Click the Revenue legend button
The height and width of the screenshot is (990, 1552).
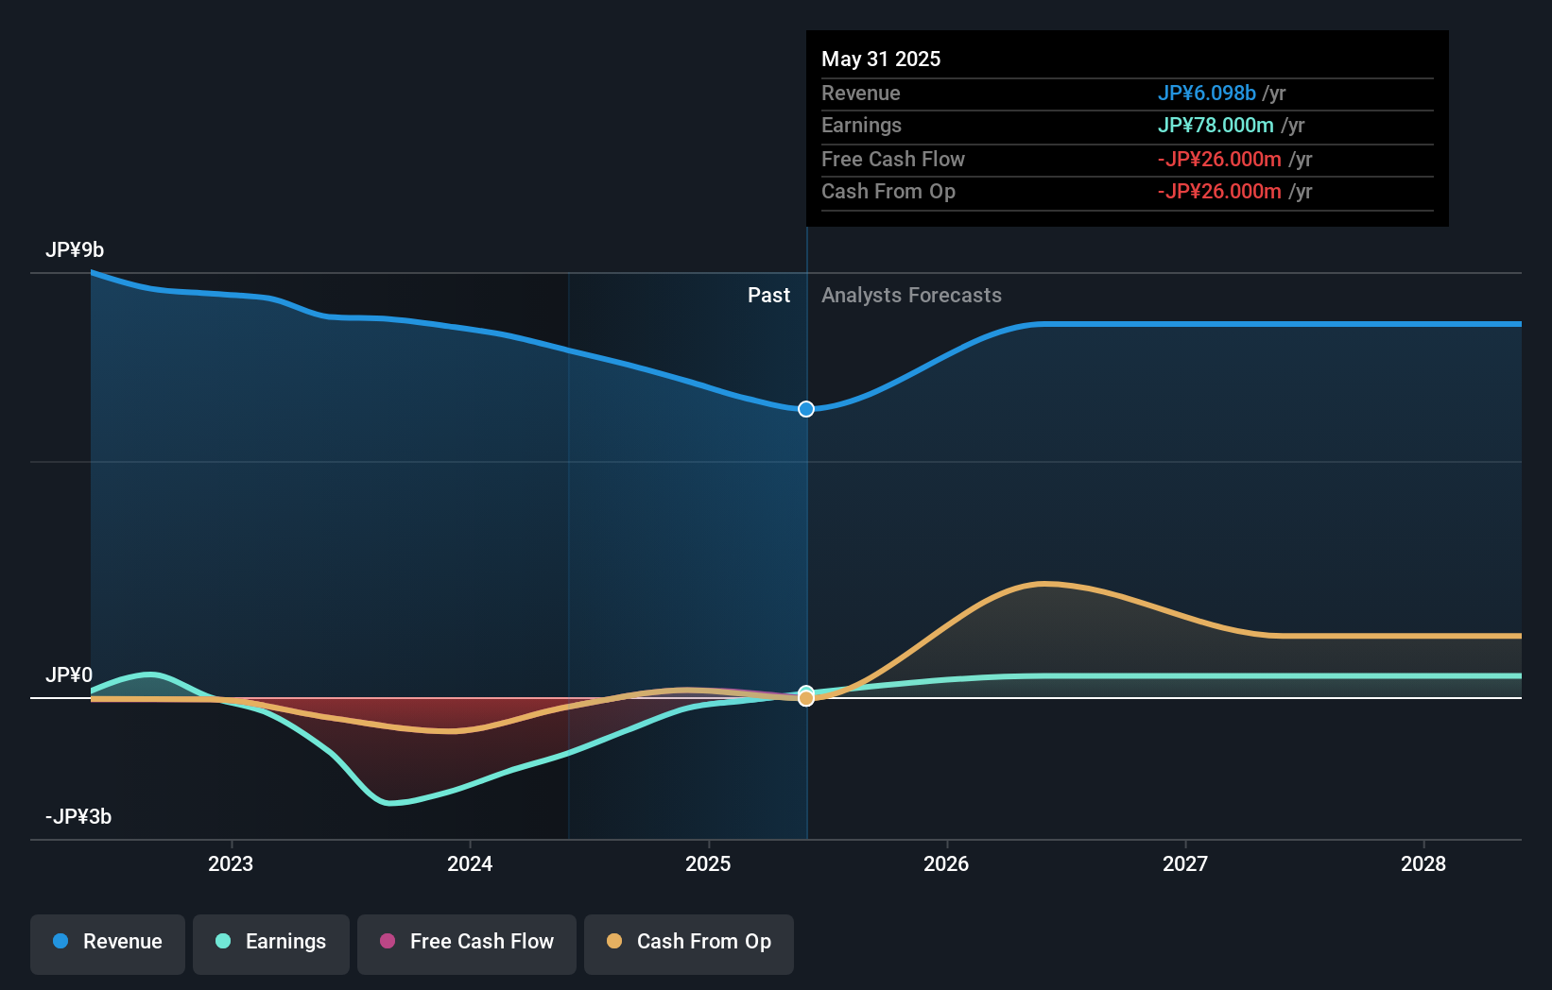108,942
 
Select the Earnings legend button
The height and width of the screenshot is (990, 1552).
271,942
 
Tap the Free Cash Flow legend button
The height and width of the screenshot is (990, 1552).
467,942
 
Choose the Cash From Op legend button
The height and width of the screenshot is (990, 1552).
689,942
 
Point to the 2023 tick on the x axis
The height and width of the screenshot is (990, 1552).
231,863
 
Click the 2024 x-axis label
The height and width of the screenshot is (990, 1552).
470,863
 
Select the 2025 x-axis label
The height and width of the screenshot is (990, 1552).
708,863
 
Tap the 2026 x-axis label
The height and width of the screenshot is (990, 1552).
946,863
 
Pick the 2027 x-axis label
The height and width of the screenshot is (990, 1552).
1185,863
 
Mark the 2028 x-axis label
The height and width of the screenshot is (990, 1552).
1423,863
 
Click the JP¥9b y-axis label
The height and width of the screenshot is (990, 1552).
75,250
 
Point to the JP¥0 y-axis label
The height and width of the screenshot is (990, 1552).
69,675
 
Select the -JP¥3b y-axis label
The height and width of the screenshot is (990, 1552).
78,817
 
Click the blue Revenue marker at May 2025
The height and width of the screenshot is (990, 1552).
806,409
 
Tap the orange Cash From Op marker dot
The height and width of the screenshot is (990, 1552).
806,699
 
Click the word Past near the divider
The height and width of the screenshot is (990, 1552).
768,296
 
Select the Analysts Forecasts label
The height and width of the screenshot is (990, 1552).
911,296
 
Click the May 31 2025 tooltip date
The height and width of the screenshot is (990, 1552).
881,60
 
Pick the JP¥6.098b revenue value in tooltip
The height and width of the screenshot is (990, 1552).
1206,94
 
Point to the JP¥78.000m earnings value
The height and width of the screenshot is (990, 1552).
1216,126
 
